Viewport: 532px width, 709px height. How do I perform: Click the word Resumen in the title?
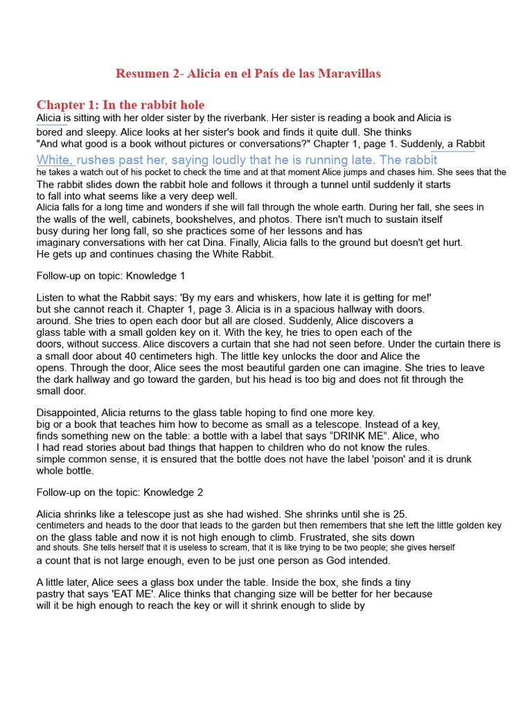pyautogui.click(x=142, y=73)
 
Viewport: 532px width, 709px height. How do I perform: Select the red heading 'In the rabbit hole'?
pyautogui.click(x=154, y=105)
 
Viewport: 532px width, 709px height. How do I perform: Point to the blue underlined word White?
pyautogui.click(x=54, y=160)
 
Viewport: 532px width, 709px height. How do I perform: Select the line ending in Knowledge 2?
pyautogui.click(x=120, y=492)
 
